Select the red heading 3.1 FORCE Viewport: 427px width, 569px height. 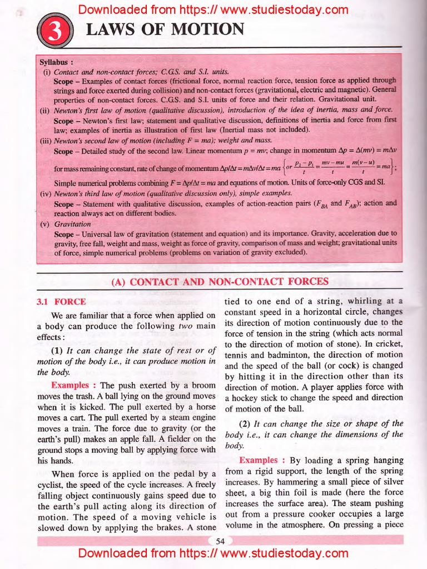(x=61, y=302)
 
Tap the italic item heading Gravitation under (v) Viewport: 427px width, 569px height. (x=73, y=224)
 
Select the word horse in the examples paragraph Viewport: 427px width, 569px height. (x=201, y=407)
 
